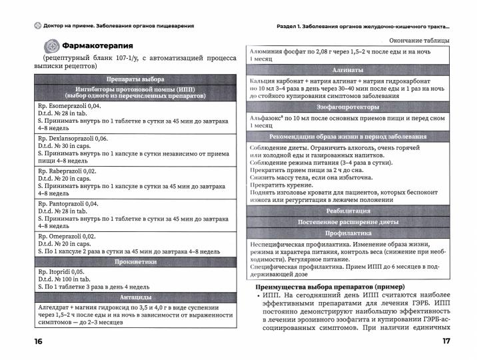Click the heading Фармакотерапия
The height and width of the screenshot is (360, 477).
click(97, 46)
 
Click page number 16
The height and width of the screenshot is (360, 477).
click(31, 342)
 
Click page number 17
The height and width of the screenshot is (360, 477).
click(446, 342)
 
